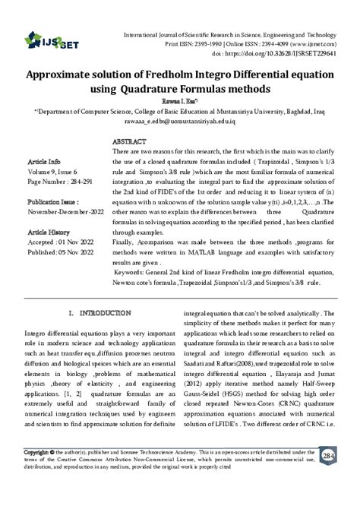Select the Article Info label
pyautogui.click(x=43, y=163)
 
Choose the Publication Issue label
pyautogui.click(x=52, y=204)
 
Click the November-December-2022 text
pyautogui.click(x=65, y=214)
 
